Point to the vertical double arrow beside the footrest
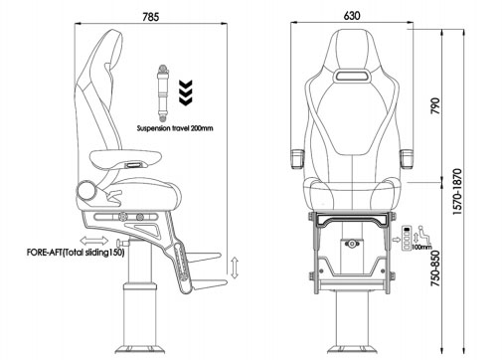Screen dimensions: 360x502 click(234, 268)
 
